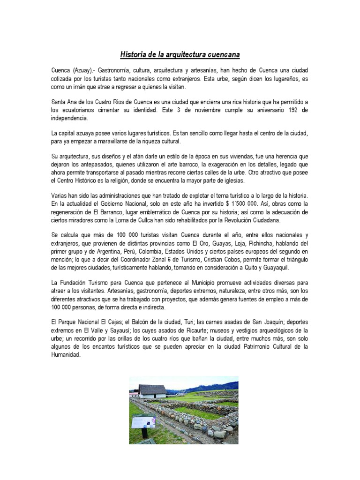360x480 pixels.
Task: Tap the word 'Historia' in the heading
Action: pos(134,55)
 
